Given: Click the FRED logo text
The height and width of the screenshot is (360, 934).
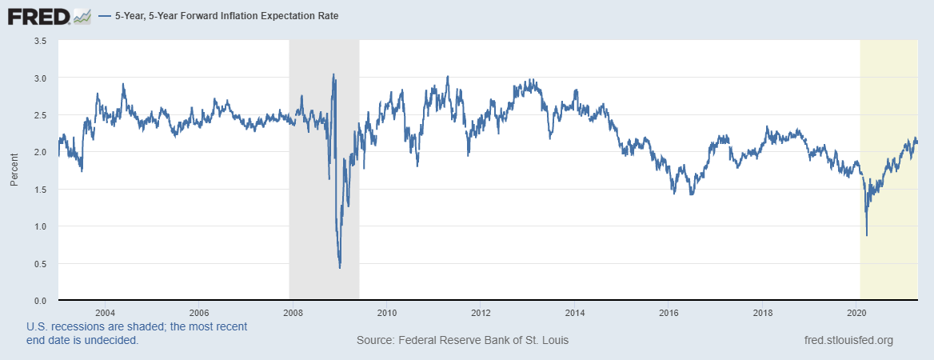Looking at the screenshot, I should [x=38, y=15].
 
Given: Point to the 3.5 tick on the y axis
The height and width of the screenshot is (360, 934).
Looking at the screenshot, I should [x=40, y=41].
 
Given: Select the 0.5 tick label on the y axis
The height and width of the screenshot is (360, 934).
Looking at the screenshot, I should [x=40, y=264].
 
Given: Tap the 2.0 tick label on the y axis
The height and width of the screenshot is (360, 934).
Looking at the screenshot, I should [x=40, y=152].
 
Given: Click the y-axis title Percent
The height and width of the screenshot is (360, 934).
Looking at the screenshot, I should [x=14, y=170].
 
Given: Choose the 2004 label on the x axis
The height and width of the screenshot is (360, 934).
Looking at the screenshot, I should [x=105, y=312].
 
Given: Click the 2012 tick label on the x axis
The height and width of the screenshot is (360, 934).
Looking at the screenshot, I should [x=481, y=312].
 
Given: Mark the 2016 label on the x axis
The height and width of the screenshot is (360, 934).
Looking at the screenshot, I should [x=669, y=312].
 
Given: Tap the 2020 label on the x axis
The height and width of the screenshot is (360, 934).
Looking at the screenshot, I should [x=856, y=312].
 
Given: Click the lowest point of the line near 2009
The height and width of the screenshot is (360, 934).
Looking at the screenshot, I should [x=340, y=267].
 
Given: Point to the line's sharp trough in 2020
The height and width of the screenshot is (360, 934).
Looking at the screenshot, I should [x=867, y=235].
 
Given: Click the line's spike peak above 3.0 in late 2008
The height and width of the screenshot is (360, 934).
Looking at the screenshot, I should [x=333, y=74].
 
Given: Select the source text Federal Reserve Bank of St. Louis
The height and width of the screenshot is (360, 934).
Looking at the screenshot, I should [x=463, y=340].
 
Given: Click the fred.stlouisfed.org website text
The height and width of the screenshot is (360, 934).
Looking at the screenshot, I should [x=848, y=340].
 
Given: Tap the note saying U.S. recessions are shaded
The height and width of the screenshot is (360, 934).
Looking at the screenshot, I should [x=137, y=333].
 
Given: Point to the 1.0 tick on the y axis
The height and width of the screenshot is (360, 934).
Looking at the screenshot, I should [x=40, y=226].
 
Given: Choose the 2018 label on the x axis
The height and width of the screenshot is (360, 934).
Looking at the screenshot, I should [x=762, y=312].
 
